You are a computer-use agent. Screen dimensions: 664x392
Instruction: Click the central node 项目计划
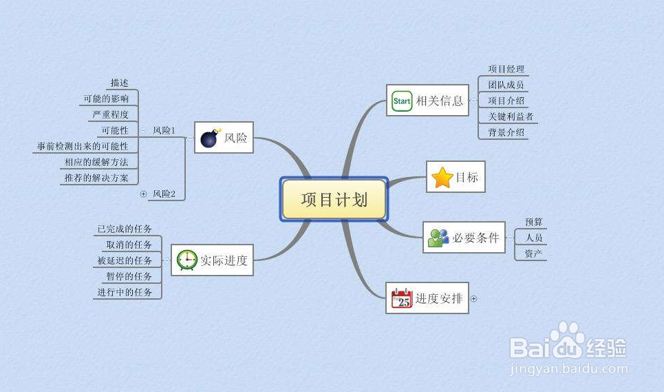[x=334, y=199]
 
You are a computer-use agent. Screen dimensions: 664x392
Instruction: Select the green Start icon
[x=402, y=101]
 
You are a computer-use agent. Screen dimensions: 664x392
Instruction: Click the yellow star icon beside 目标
[x=442, y=177]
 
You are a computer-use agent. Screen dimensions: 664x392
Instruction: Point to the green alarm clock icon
[x=186, y=260]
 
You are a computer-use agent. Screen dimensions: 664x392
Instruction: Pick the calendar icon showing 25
[x=402, y=298]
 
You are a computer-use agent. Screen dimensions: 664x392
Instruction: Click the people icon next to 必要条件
[x=438, y=238]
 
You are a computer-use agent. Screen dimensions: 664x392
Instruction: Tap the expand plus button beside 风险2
[x=144, y=194]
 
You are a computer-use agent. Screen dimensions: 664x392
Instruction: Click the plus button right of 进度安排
[x=474, y=299]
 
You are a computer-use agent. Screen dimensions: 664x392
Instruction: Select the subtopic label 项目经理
[x=506, y=69]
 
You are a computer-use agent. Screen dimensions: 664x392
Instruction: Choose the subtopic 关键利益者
[x=511, y=116]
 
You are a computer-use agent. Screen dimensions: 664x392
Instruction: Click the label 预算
[x=533, y=222]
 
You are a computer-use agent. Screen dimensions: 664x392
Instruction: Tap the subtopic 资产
[x=533, y=254]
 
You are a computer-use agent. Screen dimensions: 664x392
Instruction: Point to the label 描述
[x=120, y=83]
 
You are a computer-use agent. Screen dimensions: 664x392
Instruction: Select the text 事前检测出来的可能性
[x=83, y=146]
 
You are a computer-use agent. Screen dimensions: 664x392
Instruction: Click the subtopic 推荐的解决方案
[x=96, y=178]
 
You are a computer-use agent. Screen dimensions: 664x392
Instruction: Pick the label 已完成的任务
[x=125, y=229]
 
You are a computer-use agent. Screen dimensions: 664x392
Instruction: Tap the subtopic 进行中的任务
[x=125, y=292]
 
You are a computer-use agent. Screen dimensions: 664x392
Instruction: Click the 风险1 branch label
[x=164, y=130]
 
